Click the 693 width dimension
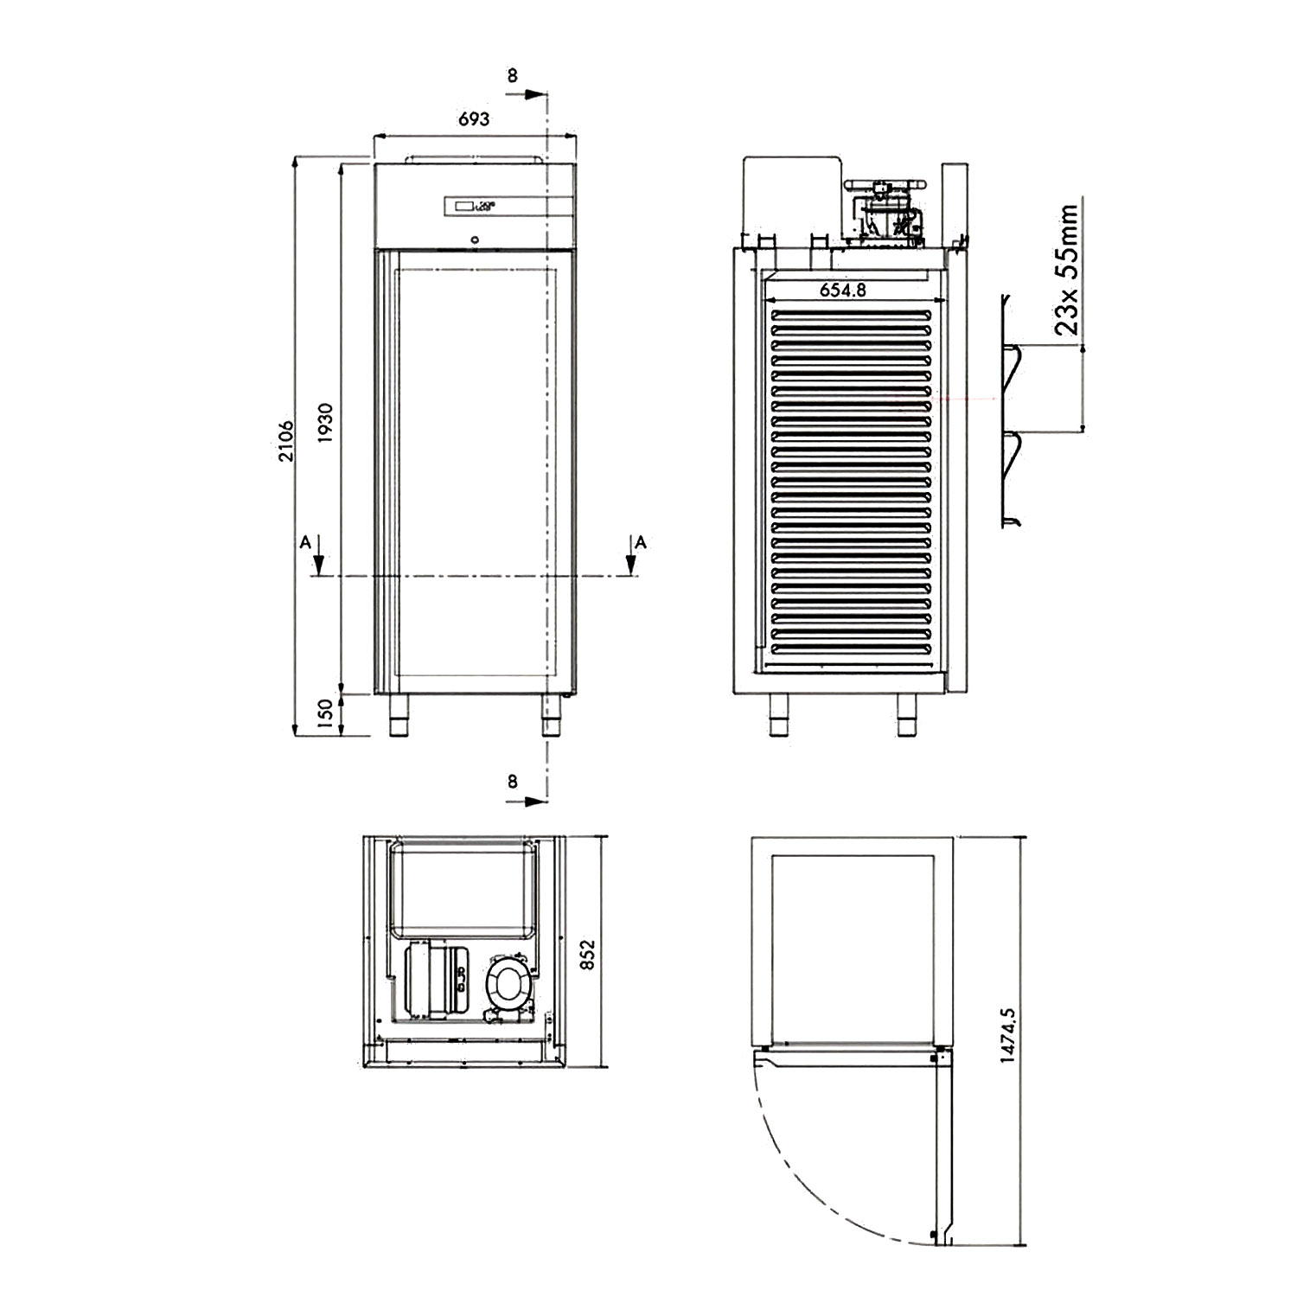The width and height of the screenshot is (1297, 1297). (473, 118)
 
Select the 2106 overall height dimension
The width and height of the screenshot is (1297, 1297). (286, 441)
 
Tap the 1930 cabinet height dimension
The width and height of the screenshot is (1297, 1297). (325, 423)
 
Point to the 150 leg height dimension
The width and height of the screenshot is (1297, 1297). (325, 714)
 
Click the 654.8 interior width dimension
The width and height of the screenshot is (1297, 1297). (842, 290)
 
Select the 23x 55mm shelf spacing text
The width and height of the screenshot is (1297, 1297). (1067, 269)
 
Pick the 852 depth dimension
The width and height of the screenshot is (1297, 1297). (588, 955)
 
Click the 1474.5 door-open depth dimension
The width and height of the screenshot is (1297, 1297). (1007, 1035)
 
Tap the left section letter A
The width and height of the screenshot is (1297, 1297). (304, 542)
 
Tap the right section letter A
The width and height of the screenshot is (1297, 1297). (640, 542)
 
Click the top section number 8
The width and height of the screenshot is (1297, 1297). (512, 76)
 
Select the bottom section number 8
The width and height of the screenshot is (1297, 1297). (512, 782)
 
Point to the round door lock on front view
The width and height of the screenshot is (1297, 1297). (474, 240)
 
